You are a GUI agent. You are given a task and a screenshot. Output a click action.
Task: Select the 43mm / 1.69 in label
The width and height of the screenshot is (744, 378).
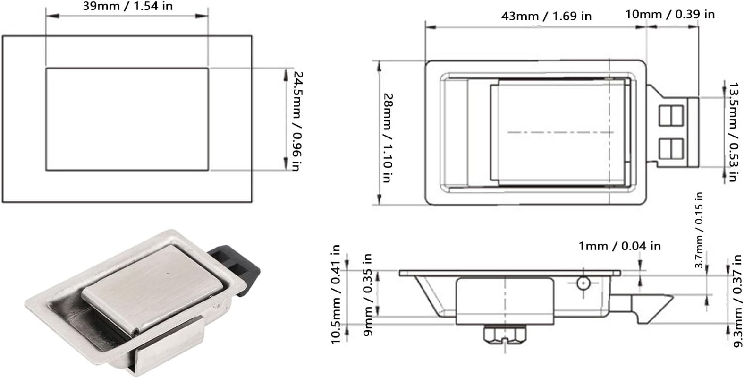[546, 16]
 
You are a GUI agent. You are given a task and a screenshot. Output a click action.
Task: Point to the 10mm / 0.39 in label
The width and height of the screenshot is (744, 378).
[670, 14]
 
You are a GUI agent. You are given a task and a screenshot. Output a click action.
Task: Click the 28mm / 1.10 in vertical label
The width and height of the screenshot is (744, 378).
[388, 137]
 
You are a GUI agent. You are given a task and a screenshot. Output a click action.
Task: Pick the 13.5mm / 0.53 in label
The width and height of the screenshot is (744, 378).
[733, 132]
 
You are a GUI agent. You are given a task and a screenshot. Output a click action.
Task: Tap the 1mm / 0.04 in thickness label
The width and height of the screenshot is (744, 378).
[620, 246]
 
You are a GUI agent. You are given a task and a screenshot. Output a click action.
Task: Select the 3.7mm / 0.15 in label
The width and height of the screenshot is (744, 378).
[699, 230]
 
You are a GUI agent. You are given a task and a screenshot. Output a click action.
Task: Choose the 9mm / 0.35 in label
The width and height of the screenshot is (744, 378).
[369, 295]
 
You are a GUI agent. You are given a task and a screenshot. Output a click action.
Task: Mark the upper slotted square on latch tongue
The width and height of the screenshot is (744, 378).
[671, 116]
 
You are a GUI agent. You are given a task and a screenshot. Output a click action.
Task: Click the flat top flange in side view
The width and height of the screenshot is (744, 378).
[510, 273]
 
